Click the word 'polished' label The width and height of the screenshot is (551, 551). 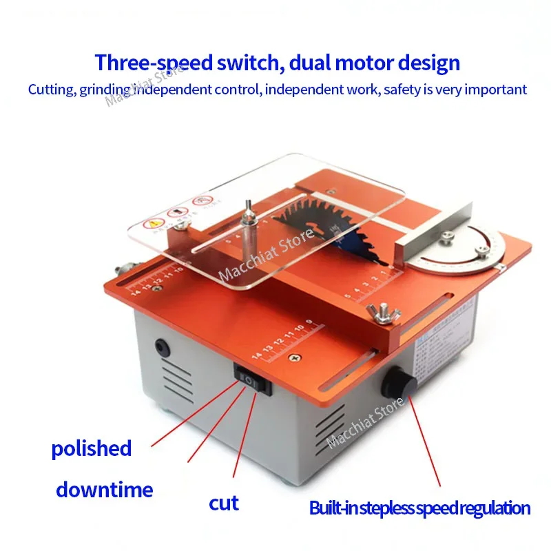click(x=91, y=449)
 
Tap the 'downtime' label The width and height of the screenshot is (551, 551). click(x=104, y=490)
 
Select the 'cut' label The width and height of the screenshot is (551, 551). click(x=224, y=503)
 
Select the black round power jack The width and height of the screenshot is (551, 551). click(x=163, y=347)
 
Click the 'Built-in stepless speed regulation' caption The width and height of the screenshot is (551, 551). click(x=420, y=509)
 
